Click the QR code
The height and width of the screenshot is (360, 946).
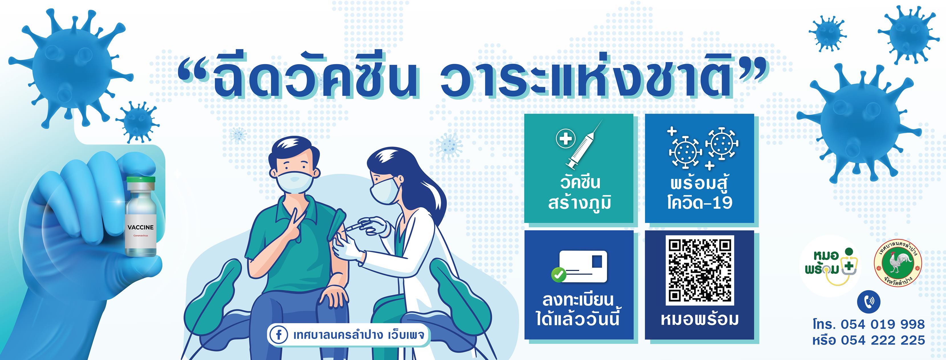point(700,270)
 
